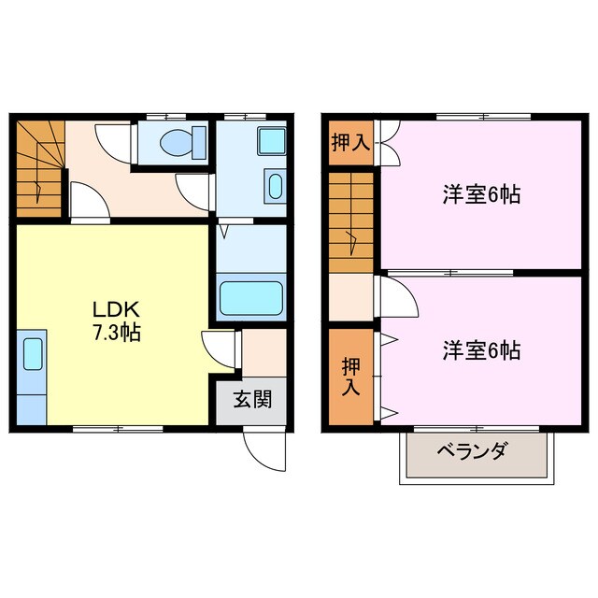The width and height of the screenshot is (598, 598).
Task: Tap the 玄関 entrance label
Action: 252,401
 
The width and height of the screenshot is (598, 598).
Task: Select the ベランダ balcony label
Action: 472,453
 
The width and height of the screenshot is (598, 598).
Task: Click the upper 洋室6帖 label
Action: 481,195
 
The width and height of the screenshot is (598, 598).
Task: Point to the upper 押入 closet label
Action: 350,143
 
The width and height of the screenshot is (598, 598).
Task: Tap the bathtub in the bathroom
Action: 250,297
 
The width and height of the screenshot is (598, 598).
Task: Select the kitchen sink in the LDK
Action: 31,355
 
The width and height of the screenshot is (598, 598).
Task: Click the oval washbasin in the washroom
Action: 275,184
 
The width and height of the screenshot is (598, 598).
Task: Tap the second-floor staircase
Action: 350,221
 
